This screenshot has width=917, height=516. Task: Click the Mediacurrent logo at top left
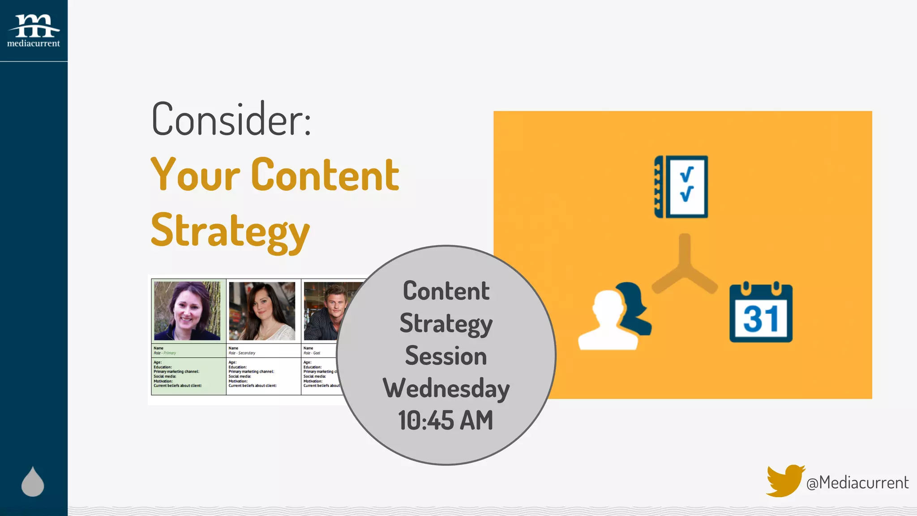point(34,30)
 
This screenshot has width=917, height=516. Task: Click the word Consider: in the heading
point(231,120)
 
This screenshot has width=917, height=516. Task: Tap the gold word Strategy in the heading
point(230,231)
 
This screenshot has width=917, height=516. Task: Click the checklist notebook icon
point(681,187)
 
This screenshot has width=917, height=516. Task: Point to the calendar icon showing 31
point(761,313)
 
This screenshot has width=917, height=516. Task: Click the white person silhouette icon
point(608,321)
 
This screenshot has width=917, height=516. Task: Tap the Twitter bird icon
point(784,481)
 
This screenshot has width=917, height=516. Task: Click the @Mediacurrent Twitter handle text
point(857,483)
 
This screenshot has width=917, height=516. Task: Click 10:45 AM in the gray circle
point(446,421)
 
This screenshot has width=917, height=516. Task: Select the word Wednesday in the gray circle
point(446,388)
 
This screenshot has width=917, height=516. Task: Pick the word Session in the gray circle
point(446,356)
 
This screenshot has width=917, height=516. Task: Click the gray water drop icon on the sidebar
point(33,482)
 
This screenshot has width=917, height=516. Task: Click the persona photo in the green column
point(187,310)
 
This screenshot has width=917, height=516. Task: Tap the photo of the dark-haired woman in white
point(262,310)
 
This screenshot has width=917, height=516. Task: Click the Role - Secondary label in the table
point(242,353)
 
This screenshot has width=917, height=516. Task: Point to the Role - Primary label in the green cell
point(165,353)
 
